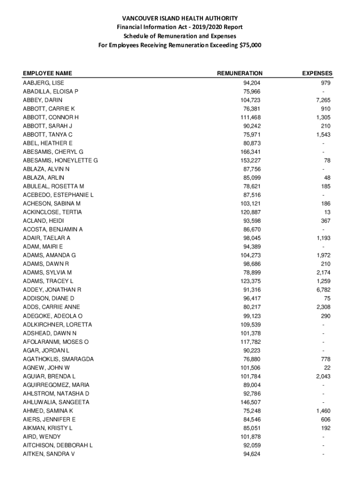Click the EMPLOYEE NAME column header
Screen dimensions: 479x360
click(47, 73)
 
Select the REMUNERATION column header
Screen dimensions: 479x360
click(240, 73)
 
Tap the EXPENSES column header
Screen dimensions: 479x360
click(317, 73)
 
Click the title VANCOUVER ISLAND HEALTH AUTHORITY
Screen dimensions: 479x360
click(180, 18)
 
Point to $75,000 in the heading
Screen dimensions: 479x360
click(250, 45)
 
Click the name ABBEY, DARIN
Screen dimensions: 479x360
click(43, 100)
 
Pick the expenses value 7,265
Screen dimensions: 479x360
click(323, 100)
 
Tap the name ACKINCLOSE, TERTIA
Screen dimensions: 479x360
click(52, 212)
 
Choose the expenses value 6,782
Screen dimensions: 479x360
click(323, 290)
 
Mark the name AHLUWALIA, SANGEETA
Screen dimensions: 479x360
click(56, 402)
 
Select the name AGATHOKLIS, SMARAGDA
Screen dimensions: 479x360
click(58, 359)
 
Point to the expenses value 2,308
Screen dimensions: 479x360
click(323, 307)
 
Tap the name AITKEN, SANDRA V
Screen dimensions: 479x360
click(49, 454)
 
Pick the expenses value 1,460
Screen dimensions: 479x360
click(323, 411)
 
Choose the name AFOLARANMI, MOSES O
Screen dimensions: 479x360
click(56, 342)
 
